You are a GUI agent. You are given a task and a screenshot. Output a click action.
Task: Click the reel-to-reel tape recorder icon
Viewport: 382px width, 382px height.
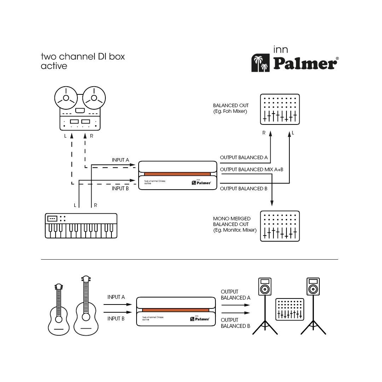(x=80, y=108)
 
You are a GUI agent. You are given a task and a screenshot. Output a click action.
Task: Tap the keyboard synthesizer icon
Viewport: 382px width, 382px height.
(x=81, y=226)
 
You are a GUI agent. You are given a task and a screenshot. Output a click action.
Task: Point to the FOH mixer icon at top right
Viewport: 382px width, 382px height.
(x=280, y=109)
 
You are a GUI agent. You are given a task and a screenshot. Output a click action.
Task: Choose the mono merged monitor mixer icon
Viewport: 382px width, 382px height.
(x=280, y=226)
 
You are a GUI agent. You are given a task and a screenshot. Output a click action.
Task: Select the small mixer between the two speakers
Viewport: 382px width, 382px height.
(x=290, y=309)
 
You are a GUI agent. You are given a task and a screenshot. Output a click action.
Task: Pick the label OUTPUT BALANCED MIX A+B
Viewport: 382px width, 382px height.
(x=251, y=170)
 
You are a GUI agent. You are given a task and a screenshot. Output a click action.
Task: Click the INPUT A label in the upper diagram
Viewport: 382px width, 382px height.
(x=121, y=160)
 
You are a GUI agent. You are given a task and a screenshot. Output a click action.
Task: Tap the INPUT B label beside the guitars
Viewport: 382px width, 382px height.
(x=116, y=319)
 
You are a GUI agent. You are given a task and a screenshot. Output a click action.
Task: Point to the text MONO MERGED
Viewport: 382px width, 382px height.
(x=232, y=219)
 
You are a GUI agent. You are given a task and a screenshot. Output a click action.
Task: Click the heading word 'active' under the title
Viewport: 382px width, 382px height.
(x=54, y=66)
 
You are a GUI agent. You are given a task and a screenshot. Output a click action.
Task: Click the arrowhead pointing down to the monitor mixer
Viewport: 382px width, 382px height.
(x=272, y=203)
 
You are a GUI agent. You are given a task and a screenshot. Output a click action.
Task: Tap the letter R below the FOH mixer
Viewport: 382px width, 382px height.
(x=264, y=133)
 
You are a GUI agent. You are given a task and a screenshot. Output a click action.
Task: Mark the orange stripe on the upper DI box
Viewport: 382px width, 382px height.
(x=177, y=174)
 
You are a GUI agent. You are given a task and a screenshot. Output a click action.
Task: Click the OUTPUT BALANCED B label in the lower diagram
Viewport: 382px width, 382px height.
(x=235, y=323)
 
